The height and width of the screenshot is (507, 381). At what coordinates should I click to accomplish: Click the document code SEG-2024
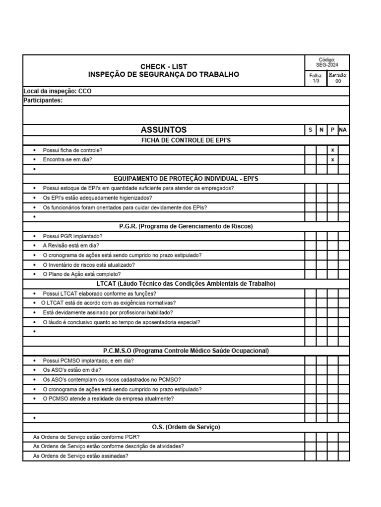(x=327, y=65)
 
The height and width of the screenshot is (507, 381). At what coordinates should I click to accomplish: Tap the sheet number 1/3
(x=316, y=81)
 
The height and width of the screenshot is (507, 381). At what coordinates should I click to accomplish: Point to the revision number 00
(x=338, y=81)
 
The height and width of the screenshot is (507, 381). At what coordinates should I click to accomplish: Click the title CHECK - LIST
(x=164, y=66)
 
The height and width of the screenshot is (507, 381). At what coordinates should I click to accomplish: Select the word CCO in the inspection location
(x=85, y=91)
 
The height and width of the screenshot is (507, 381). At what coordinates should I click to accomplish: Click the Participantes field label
(x=43, y=101)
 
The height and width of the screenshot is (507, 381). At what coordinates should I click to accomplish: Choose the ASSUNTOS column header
(x=164, y=130)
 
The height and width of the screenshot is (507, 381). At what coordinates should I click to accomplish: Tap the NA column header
(x=343, y=130)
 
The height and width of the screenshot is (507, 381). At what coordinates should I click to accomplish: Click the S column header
(x=310, y=130)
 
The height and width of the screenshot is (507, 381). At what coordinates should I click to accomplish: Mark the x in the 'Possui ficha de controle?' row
(x=332, y=150)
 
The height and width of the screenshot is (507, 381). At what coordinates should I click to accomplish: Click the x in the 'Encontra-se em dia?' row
(x=332, y=159)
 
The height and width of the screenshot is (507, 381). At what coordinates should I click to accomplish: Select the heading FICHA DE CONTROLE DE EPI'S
(x=186, y=140)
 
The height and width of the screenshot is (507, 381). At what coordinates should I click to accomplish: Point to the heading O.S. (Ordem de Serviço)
(x=186, y=427)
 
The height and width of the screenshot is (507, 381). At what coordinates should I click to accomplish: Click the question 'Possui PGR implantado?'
(x=72, y=236)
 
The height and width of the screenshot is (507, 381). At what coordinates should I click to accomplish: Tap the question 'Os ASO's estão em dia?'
(x=72, y=370)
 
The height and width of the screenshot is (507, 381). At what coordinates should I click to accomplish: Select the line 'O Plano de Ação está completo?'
(x=81, y=274)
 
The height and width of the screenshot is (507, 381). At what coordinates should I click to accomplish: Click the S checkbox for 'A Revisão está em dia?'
(x=310, y=246)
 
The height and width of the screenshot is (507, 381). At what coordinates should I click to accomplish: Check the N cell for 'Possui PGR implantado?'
(x=321, y=236)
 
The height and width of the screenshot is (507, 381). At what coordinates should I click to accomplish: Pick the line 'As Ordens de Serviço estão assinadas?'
(x=80, y=456)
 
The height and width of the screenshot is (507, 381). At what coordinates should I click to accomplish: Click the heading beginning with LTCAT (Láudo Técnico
(x=186, y=284)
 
